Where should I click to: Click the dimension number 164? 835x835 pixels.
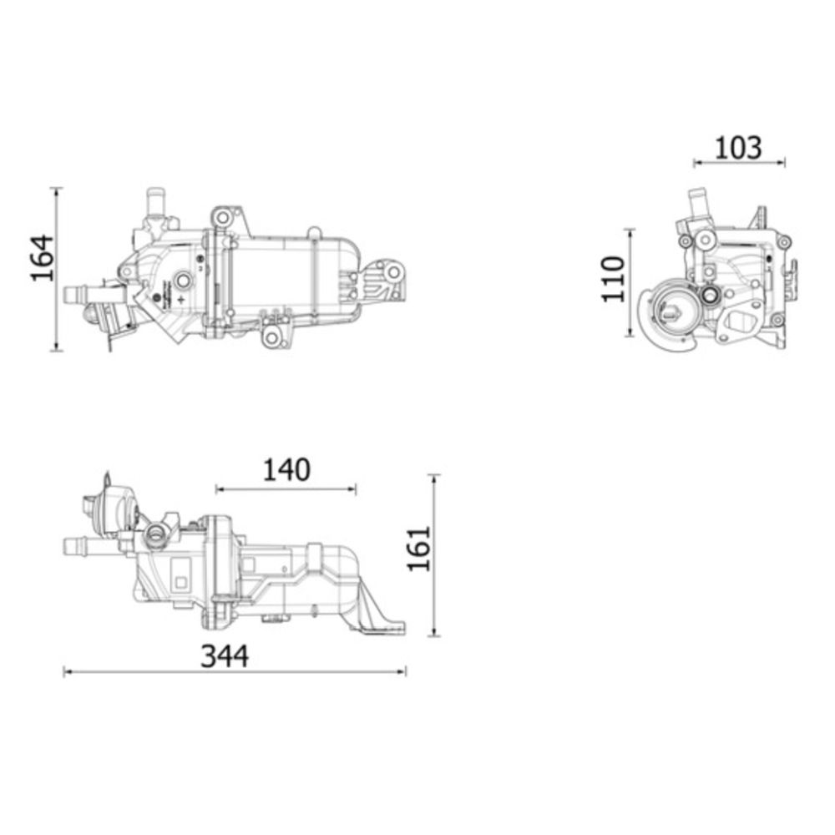click(x=42, y=258)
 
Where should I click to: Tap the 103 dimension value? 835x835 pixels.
click(x=738, y=148)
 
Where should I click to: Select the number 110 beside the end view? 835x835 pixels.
click(x=612, y=279)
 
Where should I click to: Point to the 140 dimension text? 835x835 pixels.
click(x=286, y=469)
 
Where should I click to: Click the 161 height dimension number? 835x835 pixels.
click(x=418, y=549)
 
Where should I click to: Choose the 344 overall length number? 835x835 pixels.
click(x=224, y=656)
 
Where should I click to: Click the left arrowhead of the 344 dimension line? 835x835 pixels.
click(x=67, y=672)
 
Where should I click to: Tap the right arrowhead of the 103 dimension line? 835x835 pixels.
click(x=782, y=163)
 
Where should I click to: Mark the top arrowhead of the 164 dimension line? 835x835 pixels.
click(x=57, y=192)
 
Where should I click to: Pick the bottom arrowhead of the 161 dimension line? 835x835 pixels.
click(x=435, y=631)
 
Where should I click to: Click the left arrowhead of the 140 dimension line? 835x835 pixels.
click(x=220, y=488)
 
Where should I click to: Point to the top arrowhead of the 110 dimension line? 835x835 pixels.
click(x=630, y=233)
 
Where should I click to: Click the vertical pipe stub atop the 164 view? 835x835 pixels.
click(x=155, y=200)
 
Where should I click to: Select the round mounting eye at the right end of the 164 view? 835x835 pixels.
click(x=393, y=273)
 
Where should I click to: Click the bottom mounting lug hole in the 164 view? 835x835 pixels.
click(x=271, y=337)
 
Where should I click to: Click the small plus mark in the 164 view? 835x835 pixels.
click(x=182, y=298)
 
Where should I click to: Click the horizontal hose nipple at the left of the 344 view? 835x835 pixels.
click(x=78, y=546)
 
